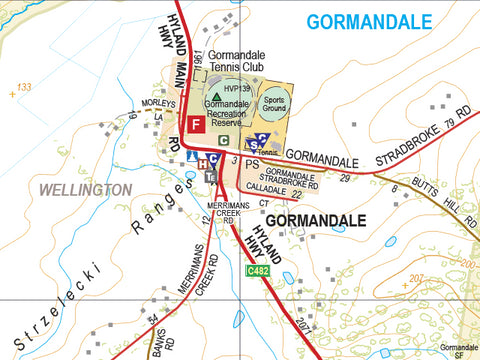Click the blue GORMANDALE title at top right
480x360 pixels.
pyautogui.click(x=370, y=22)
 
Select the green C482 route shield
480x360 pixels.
pyautogui.click(x=257, y=270)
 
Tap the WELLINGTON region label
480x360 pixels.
pyautogui.click(x=84, y=189)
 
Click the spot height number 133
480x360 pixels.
pyautogui.click(x=21, y=89)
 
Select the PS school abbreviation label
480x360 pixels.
pyautogui.click(x=252, y=163)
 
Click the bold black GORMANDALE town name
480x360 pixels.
pyautogui.click(x=311, y=218)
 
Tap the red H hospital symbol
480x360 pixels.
pyautogui.click(x=201, y=163)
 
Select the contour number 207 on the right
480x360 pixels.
pyautogui.click(x=417, y=277)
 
